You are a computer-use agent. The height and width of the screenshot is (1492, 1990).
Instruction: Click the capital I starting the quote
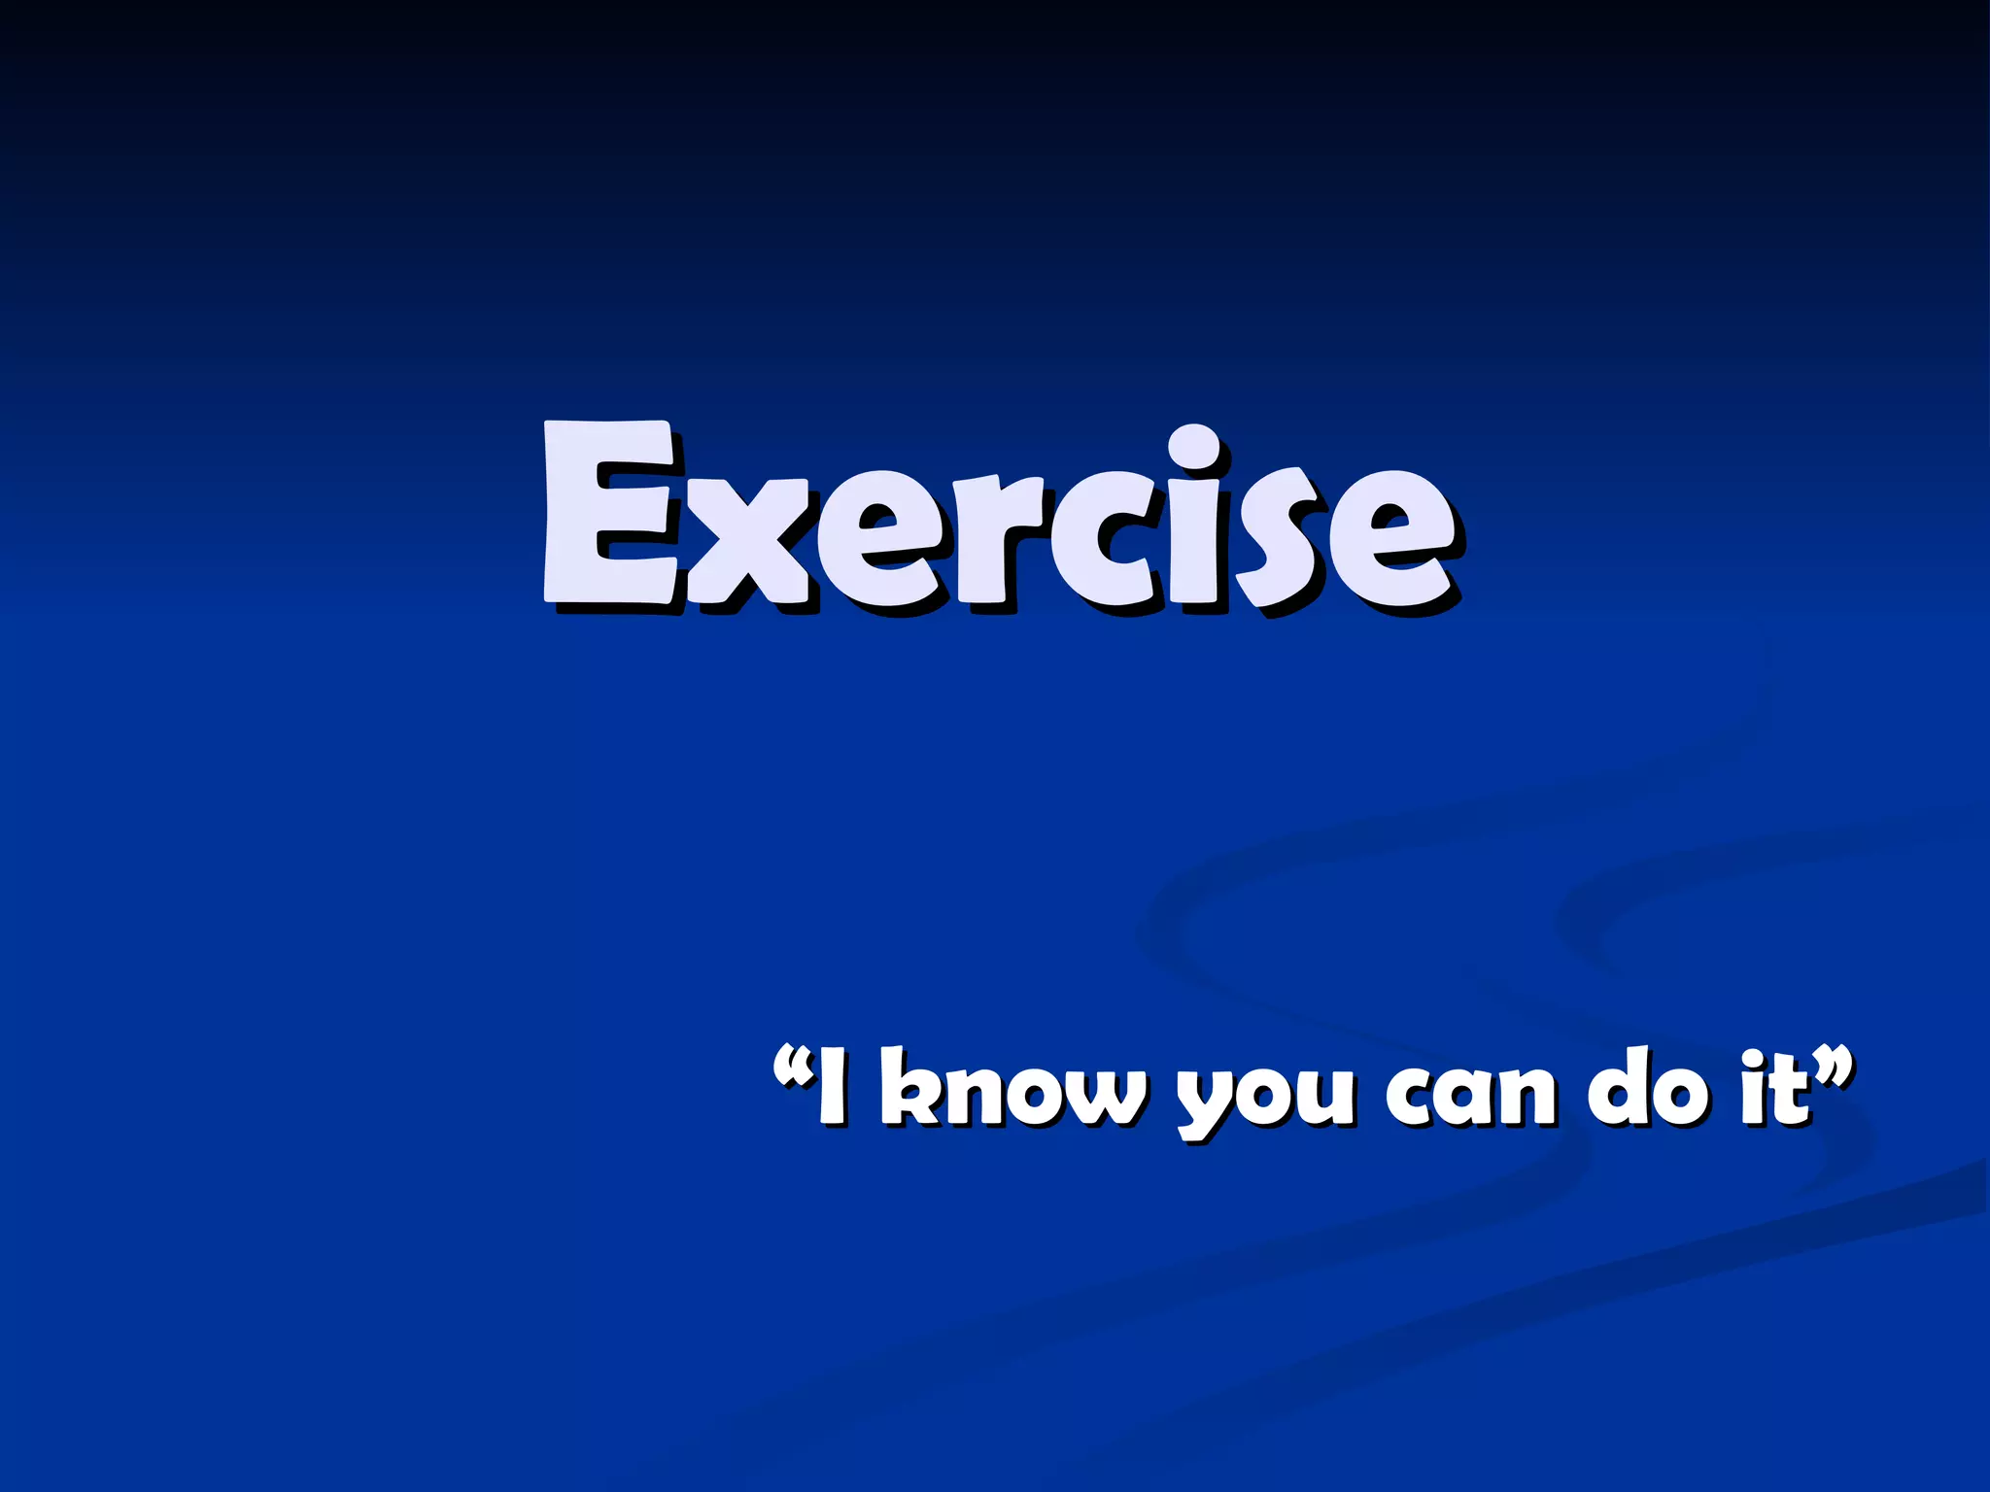tap(831, 1087)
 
